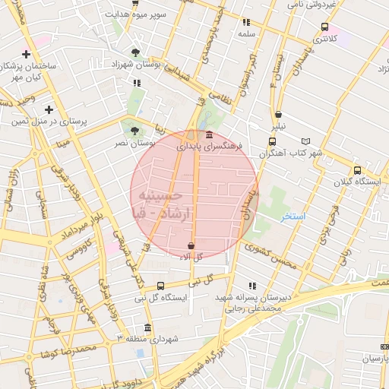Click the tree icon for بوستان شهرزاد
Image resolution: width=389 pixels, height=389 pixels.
click(x=135, y=52)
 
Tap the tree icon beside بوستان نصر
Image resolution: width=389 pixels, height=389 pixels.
click(x=134, y=131)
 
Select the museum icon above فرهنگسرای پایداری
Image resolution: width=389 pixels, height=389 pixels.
click(x=188, y=134)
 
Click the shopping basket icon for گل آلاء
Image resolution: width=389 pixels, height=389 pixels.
click(x=190, y=246)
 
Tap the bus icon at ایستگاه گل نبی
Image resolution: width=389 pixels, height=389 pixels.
click(x=160, y=285)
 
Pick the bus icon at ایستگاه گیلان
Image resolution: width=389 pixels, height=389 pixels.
click(x=357, y=170)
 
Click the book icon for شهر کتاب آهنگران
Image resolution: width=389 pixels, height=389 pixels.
click(x=306, y=141)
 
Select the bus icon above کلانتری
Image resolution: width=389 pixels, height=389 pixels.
click(x=325, y=27)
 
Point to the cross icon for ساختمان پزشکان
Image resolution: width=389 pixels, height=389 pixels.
click(x=27, y=54)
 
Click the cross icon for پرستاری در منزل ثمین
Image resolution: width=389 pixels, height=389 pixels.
click(x=49, y=109)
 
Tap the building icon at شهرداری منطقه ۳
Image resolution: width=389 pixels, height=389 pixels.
click(x=147, y=327)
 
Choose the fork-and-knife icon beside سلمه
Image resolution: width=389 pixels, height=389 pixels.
click(x=245, y=23)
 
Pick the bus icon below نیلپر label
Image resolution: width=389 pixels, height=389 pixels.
click(x=272, y=141)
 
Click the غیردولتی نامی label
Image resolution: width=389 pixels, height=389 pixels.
click(x=311, y=4)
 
